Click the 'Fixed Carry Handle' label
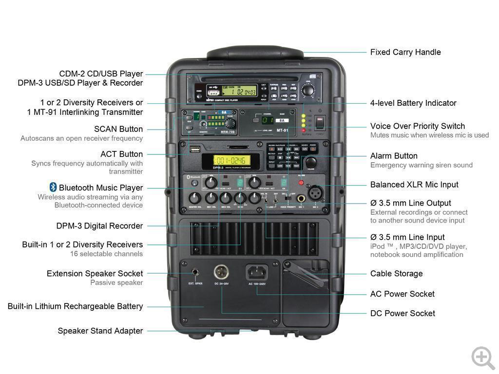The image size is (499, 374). click(405, 52)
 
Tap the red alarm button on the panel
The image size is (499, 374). click(301, 184)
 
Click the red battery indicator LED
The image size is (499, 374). click(303, 130)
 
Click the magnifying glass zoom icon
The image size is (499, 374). click(482, 357)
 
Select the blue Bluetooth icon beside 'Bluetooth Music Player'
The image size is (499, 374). click(53, 187)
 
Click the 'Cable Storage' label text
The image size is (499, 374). click(396, 274)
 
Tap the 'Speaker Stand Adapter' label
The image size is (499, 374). click(100, 331)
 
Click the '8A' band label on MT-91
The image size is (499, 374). click(281, 120)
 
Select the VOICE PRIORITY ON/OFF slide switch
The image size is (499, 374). click(287, 197)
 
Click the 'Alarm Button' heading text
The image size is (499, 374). click(394, 156)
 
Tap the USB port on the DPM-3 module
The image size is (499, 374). click(194, 148)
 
